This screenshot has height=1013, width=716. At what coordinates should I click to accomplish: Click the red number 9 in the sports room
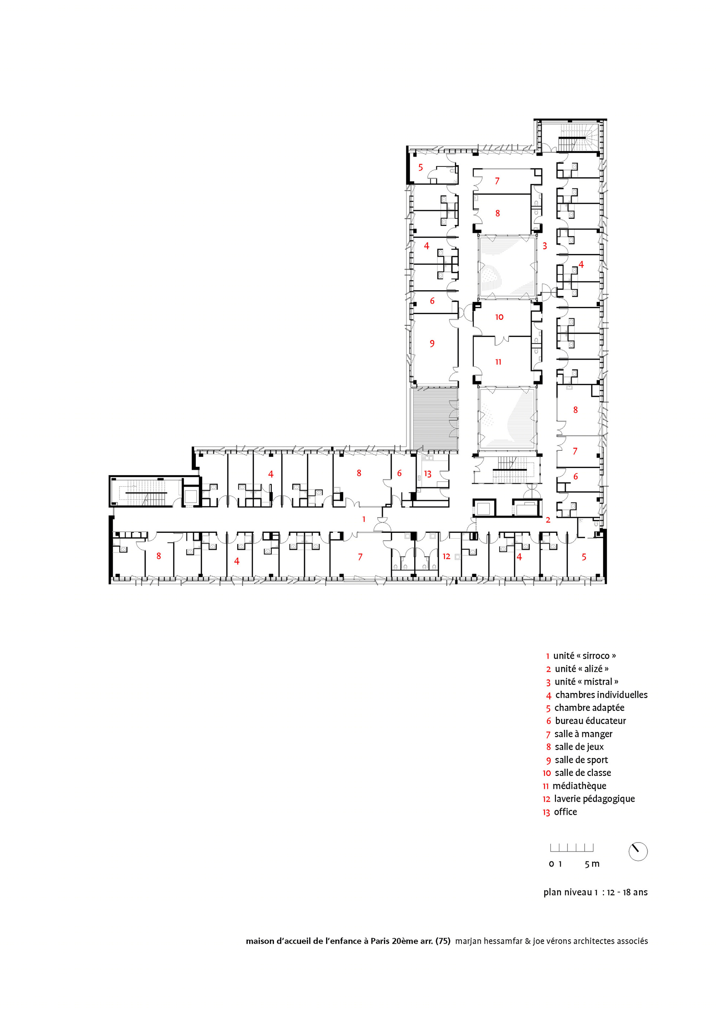coord(432,343)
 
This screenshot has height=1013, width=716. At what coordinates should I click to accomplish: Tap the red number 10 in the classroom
coord(499,317)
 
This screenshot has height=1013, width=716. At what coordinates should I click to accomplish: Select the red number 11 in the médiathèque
coord(498,362)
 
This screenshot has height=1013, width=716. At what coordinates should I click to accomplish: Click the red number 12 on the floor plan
coord(446,556)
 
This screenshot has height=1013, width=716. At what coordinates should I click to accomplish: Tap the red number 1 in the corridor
coord(364,519)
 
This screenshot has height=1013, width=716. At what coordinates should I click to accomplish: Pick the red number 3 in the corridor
coord(545,246)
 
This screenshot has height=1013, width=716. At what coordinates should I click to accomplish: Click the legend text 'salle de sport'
coord(581,760)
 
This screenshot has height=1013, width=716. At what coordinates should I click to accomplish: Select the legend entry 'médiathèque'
coord(579,786)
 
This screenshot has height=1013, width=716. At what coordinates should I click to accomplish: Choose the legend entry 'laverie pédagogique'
coord(594,799)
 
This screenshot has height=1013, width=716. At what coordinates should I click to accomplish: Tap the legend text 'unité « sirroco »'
coord(585,656)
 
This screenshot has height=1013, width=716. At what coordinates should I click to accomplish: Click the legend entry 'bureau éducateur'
coord(590,720)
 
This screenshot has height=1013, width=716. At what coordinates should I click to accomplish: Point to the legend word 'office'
coord(565,812)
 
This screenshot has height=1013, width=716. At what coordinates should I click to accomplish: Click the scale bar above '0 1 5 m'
coord(571,848)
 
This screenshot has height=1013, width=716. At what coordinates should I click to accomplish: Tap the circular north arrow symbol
coord(638,851)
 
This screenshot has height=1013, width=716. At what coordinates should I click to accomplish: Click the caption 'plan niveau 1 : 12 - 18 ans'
coord(596,892)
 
